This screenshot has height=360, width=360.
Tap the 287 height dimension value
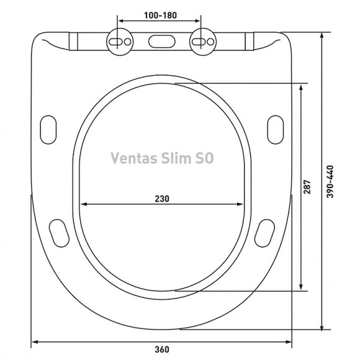click(308, 189)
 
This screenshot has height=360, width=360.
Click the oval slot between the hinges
click(161, 41)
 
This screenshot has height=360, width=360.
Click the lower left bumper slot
click(59, 232)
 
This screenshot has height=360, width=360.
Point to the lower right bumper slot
click(264, 232)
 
